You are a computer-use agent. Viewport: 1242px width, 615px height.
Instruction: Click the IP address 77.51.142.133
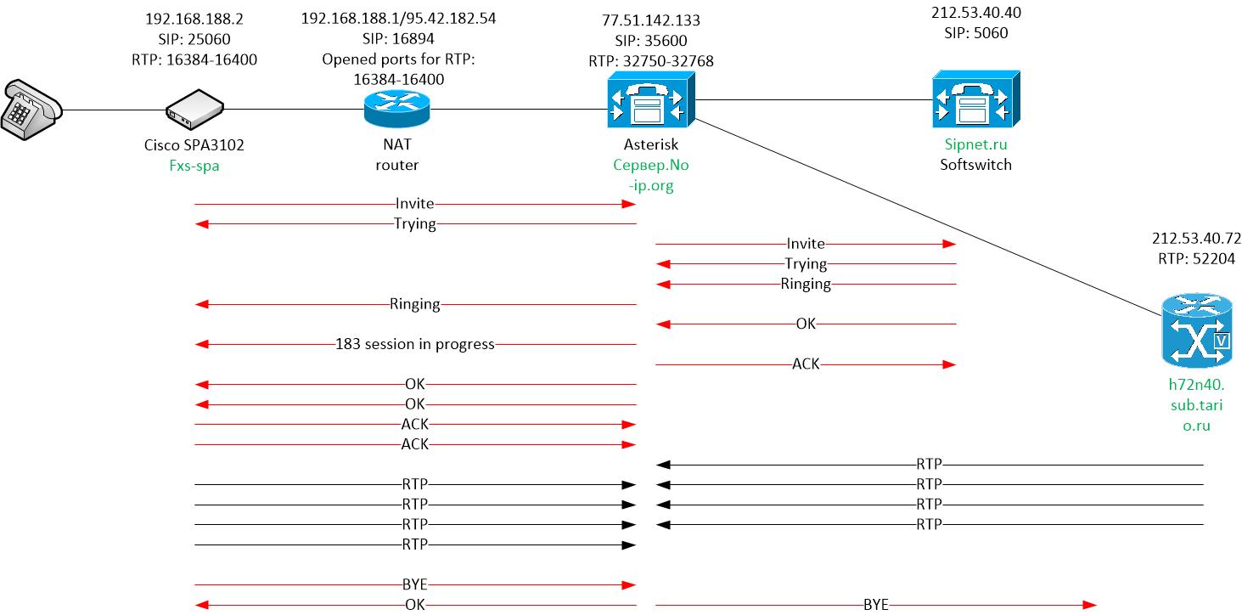tap(650, 20)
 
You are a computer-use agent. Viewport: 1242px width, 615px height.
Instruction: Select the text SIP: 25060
tap(194, 38)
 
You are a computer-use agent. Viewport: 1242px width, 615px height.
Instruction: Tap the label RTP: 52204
tap(1194, 257)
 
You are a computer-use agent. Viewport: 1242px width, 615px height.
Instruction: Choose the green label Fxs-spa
tap(194, 166)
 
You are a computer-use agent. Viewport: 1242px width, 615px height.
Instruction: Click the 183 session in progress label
tap(415, 344)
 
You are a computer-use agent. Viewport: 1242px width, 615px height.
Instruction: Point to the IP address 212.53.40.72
tap(1194, 237)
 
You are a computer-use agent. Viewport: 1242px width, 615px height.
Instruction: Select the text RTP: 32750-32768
tap(650, 61)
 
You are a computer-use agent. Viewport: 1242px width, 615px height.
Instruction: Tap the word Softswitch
tap(975, 165)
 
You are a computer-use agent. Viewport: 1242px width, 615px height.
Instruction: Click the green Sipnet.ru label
tap(975, 144)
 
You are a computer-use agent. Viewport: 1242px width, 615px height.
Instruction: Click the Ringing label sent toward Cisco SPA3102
tap(414, 303)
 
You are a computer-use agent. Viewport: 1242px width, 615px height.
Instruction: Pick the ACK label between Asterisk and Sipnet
tap(806, 364)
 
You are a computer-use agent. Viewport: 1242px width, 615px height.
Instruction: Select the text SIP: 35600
tap(650, 41)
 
